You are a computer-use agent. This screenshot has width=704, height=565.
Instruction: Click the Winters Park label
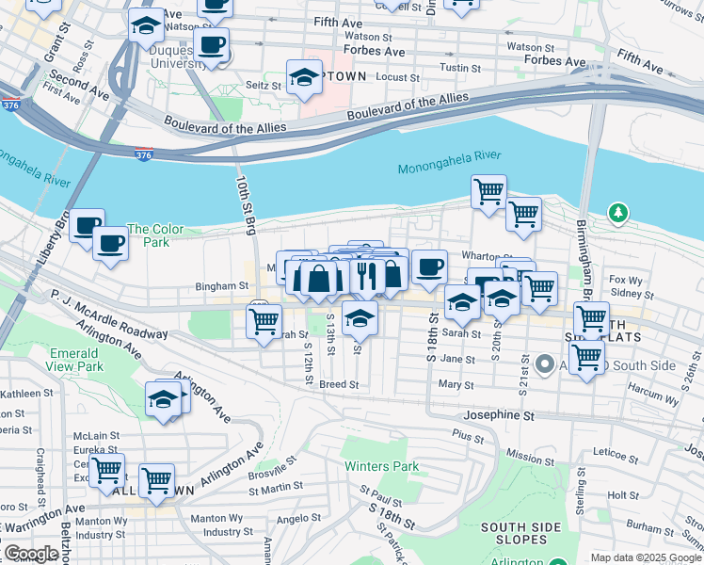[381, 466]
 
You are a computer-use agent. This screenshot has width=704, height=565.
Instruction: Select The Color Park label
[155, 235]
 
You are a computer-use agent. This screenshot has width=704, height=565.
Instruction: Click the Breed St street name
[339, 384]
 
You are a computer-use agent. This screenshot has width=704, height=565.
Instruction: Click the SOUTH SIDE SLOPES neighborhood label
[515, 533]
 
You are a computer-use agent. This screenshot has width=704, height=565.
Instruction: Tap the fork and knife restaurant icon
[367, 275]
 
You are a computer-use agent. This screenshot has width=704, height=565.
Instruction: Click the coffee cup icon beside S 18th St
[429, 266]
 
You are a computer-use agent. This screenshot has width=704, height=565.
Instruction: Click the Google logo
[31, 553]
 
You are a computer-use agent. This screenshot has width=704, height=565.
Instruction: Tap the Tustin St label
[461, 69]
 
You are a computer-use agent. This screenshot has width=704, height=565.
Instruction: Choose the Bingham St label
[221, 285]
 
